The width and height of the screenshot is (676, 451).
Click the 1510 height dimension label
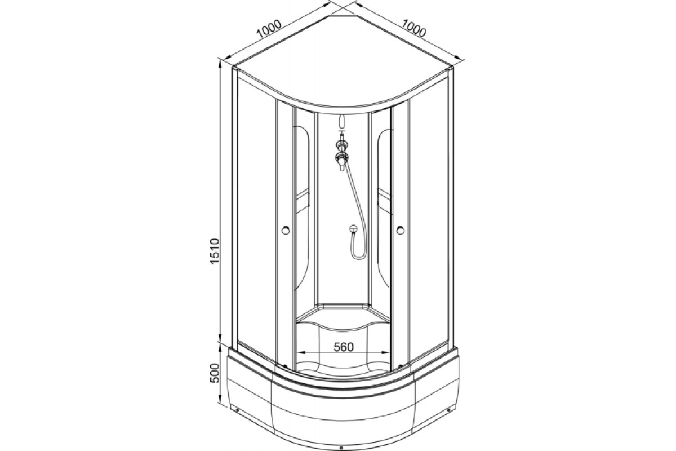(215, 251)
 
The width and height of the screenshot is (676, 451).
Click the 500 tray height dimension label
(214, 373)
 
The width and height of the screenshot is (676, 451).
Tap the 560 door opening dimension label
(344, 347)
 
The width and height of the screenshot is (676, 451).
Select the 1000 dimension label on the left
(269, 29)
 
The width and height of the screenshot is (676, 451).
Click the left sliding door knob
(286, 230)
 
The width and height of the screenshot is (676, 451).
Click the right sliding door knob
(401, 230)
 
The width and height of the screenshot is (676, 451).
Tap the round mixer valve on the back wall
(353, 229)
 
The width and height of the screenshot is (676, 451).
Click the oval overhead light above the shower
(341, 121)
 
